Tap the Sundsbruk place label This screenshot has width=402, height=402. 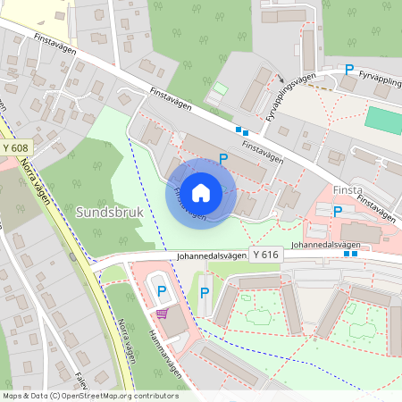tap(108, 214)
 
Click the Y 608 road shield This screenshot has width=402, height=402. tap(15, 147)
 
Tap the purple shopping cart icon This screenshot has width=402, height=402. tap(162, 313)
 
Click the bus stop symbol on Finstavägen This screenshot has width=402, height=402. tap(241, 130)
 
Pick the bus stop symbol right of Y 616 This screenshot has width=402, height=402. tap(350, 254)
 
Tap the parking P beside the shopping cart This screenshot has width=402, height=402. tap(162, 290)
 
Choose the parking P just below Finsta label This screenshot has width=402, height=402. tap(337, 212)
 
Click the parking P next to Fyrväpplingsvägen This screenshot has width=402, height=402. tap(349, 69)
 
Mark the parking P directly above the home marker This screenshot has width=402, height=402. tap(223, 158)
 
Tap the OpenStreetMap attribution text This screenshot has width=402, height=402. tap(89, 396)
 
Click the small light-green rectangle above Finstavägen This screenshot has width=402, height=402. tap(220, 89)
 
